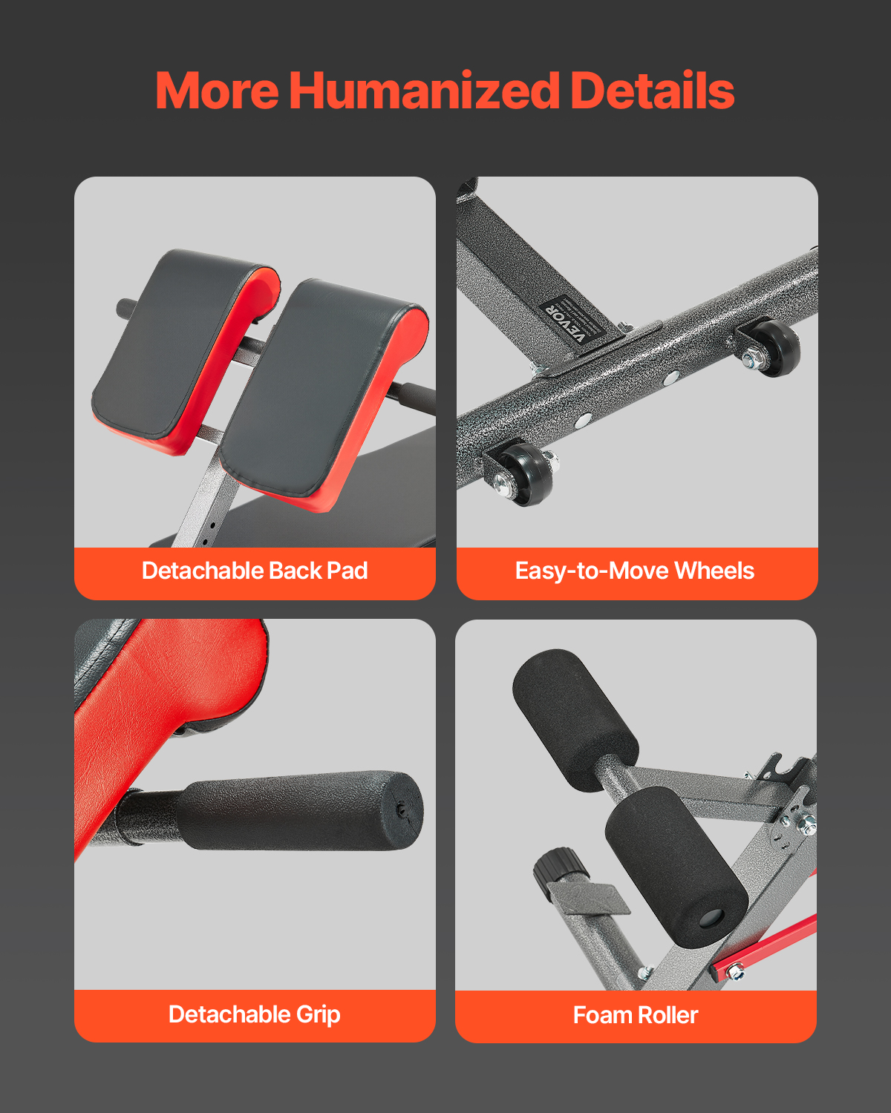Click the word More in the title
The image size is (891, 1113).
click(217, 91)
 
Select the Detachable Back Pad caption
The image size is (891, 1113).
click(255, 571)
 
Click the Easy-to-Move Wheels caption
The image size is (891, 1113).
click(635, 571)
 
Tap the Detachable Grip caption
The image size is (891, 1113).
click(255, 1015)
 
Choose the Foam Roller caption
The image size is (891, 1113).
click(636, 1015)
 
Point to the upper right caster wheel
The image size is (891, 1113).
click(773, 347)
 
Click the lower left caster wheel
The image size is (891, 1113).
click(524, 473)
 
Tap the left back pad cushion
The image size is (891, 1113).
click(186, 351)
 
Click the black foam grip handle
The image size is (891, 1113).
click(300, 810)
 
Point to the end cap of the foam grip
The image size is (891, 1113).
click(405, 810)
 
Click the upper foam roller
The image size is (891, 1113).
click(575, 720)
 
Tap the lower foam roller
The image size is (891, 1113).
click(676, 863)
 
